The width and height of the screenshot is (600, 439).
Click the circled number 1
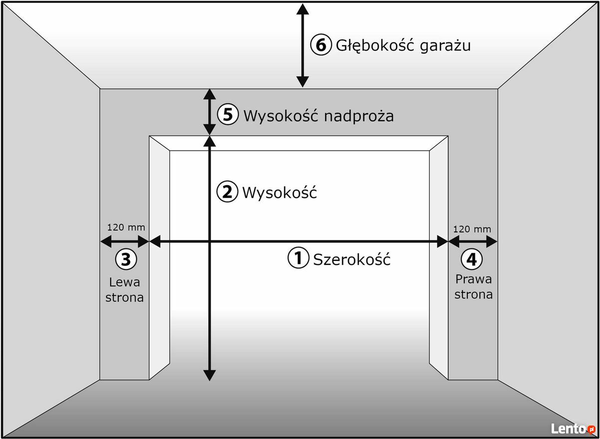[x=298, y=258]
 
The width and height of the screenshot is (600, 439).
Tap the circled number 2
[x=227, y=192]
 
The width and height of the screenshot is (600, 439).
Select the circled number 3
[x=126, y=259]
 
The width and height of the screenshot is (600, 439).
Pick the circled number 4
[x=472, y=259]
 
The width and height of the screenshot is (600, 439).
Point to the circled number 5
[x=227, y=114]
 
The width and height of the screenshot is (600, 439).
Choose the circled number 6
[x=321, y=44]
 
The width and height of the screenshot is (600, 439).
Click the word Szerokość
[x=352, y=259]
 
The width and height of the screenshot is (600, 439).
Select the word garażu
[x=445, y=46]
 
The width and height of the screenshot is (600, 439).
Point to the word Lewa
[x=125, y=282]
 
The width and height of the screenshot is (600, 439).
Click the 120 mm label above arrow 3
[x=126, y=227]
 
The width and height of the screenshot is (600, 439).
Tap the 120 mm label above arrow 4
[x=472, y=229]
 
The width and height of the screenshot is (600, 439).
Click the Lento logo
[x=573, y=429]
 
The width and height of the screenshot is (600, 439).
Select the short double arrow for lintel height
[x=209, y=112]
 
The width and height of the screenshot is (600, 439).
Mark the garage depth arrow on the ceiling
[x=303, y=45]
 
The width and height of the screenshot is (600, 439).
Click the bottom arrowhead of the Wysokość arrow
[x=209, y=375]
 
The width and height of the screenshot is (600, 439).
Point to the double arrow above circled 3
[x=125, y=241]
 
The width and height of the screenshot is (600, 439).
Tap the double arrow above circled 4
[x=473, y=241]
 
